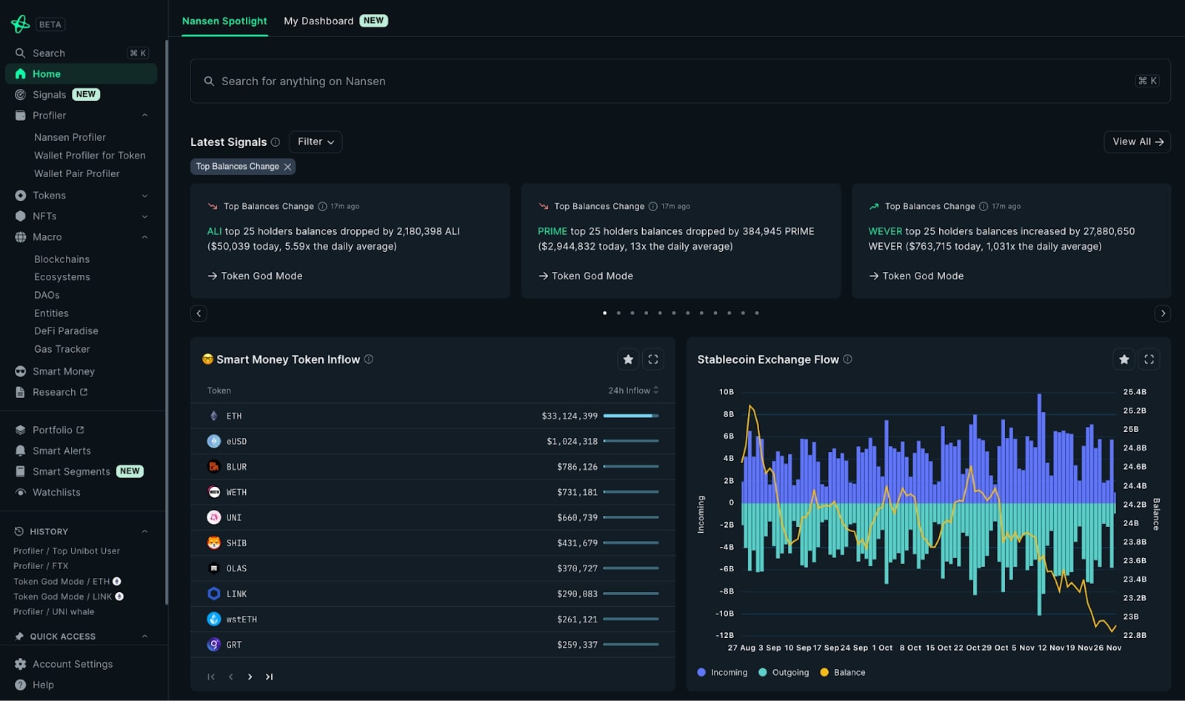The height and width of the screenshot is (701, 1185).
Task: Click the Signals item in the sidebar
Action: coord(49,95)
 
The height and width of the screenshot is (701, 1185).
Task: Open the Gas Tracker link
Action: coord(62,349)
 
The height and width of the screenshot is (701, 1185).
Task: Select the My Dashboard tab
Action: coord(318,21)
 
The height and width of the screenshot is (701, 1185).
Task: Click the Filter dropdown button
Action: coord(316,142)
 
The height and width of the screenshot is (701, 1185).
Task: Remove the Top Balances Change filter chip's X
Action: coord(288,167)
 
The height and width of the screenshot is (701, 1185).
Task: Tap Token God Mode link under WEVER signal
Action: coord(922,276)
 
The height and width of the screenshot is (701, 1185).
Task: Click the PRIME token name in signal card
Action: coord(552,231)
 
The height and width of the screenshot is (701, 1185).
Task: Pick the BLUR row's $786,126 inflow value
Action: coord(577,467)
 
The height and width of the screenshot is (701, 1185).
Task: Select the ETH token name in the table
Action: coord(234,416)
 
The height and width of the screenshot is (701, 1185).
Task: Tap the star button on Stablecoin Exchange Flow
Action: coord(1124,359)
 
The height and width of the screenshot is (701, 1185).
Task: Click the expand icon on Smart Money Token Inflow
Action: coord(652,359)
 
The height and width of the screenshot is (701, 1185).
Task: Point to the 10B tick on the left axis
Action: coord(726,392)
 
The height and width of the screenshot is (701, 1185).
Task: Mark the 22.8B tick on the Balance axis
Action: coord(1135,635)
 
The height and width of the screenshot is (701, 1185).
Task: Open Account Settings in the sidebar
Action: coord(73,664)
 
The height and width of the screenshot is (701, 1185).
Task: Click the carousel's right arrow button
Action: coord(1163,313)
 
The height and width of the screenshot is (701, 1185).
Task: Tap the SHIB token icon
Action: coord(214,543)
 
